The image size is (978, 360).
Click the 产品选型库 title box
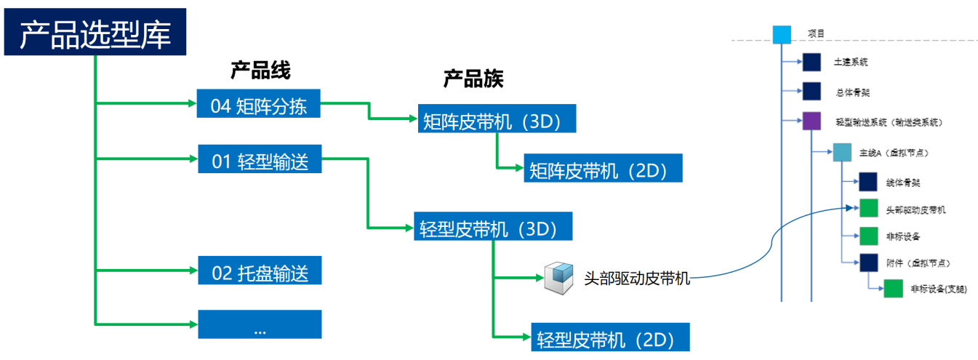96,33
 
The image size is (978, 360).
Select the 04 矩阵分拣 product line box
258,106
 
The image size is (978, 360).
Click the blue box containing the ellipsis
260,325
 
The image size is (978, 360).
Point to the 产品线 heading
260,71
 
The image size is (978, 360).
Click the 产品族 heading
473,79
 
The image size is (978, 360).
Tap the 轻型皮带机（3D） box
493,228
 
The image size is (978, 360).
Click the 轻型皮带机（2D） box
610,337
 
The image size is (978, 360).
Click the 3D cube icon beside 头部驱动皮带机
558,278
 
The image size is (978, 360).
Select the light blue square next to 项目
781,34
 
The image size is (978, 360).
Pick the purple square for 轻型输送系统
811,120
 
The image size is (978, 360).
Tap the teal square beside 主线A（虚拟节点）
841,153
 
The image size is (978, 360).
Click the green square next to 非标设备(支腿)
893,289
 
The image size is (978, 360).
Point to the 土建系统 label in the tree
851,63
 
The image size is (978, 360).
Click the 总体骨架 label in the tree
852,92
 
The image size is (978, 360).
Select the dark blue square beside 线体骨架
868,182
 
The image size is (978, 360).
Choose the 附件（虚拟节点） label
918,263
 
